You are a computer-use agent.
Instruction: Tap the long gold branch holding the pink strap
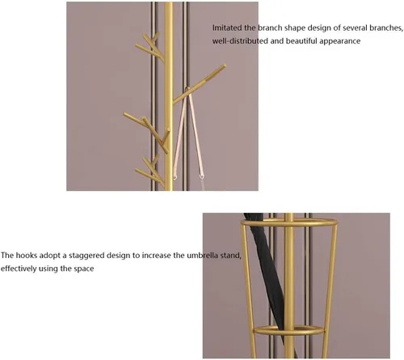tap(199, 84)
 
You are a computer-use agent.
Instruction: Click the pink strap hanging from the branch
tap(187, 132)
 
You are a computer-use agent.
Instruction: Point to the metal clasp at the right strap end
tap(201, 176)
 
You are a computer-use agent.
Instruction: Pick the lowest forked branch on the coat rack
tap(149, 172)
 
